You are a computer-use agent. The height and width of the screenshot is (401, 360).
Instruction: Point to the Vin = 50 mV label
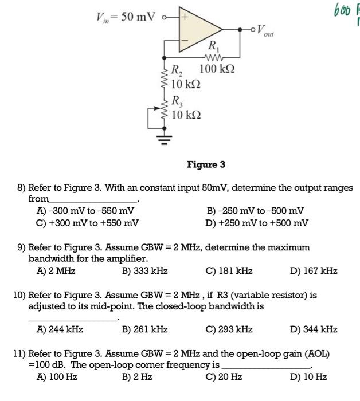point(124,17)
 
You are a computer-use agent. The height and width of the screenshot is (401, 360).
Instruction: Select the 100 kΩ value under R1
point(218,70)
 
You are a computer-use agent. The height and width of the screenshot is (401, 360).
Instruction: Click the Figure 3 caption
point(206,165)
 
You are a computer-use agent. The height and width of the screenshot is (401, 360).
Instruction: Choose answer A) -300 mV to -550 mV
point(85,210)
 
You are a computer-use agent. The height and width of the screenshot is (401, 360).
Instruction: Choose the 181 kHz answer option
point(229,271)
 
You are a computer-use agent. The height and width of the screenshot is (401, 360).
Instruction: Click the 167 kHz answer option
point(314,271)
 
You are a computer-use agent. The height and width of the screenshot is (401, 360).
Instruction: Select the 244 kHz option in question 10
point(60,329)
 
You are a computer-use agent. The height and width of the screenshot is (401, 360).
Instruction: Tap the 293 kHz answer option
point(229,329)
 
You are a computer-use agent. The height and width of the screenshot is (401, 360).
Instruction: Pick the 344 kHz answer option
point(314,329)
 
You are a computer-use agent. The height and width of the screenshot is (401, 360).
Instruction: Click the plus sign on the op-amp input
point(185,17)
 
